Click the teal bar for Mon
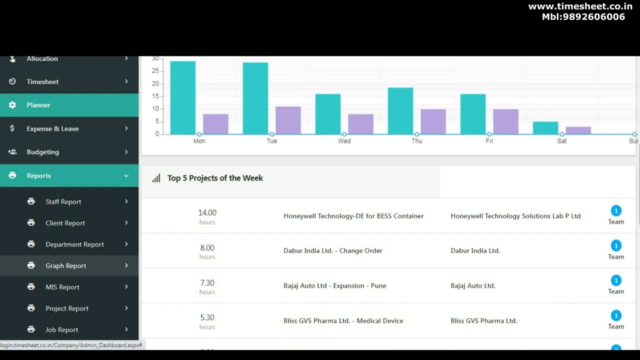tap(182, 98)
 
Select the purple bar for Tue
tap(288, 120)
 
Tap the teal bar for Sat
tap(545, 128)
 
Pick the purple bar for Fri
tap(505, 121)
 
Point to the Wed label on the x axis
tap(344, 141)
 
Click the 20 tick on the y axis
tap(155, 83)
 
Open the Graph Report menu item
tap(65, 265)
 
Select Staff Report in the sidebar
tap(63, 201)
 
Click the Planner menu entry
tap(38, 105)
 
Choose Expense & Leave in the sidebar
tap(52, 128)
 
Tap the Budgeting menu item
tap(42, 152)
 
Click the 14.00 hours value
tap(207, 213)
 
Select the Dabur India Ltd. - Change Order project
tap(332, 250)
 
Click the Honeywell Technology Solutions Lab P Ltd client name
tap(515, 216)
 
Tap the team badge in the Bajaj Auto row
tap(616, 280)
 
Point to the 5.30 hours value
tap(207, 317)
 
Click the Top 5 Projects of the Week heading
tap(215, 178)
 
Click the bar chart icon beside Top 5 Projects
tap(156, 178)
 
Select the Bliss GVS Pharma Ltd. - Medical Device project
tap(343, 320)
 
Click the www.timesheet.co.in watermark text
tap(580, 6)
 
